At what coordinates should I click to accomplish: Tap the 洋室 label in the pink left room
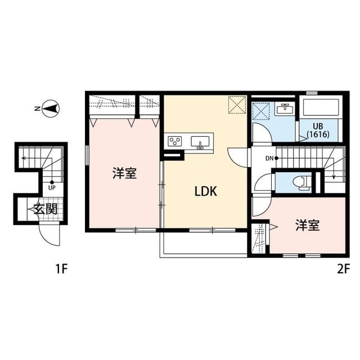point(124,173)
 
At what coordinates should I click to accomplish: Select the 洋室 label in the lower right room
point(308,226)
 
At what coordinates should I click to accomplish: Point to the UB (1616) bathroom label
point(318,130)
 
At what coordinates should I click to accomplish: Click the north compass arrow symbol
point(52,109)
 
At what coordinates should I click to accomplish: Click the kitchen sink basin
point(201,141)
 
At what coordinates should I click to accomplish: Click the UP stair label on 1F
point(52,188)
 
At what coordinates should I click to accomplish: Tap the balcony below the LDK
point(204,244)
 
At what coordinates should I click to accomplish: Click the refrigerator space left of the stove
point(174,154)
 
